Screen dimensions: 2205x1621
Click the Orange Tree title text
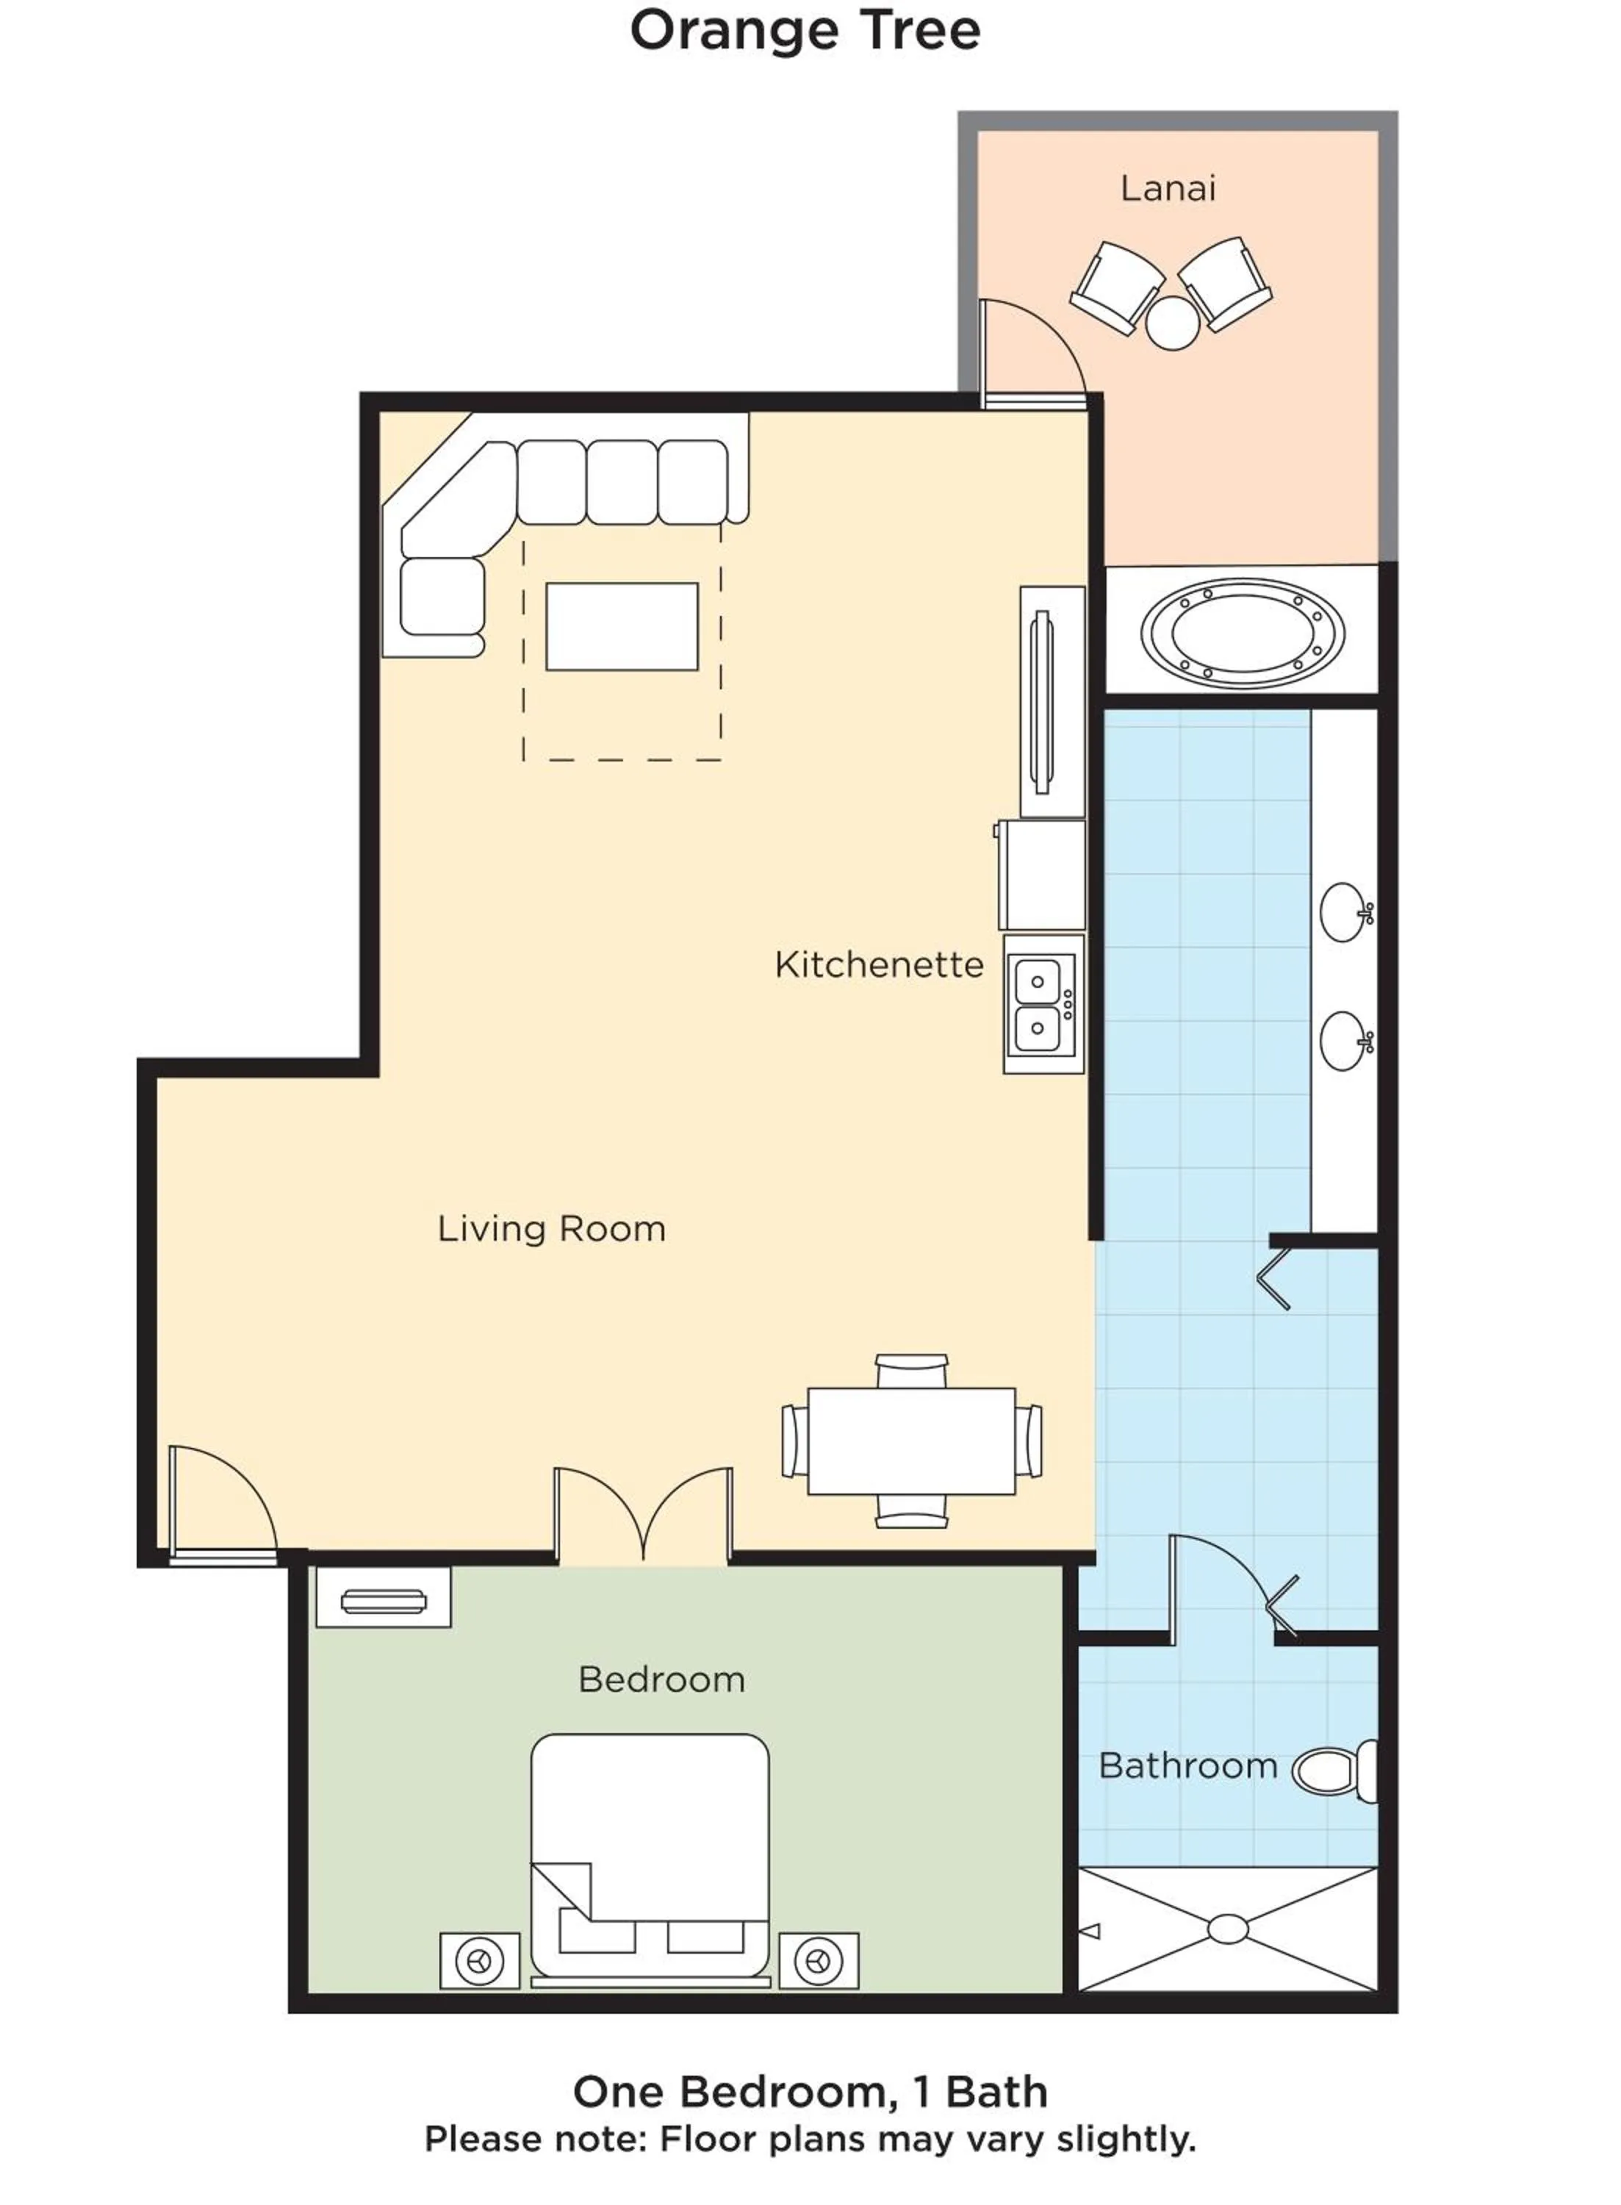[x=805, y=32]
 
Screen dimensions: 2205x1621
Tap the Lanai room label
[x=1168, y=188]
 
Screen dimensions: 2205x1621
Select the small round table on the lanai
[x=1173, y=322]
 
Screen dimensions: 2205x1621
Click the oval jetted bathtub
[x=1243, y=632]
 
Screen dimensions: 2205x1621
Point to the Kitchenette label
[x=878, y=964]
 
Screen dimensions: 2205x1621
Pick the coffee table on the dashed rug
[x=622, y=626]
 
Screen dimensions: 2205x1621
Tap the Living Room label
[x=551, y=1229]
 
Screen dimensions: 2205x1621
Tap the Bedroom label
[x=661, y=1679]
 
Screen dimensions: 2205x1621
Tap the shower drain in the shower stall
[x=1228, y=1929]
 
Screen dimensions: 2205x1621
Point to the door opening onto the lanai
[x=1030, y=354]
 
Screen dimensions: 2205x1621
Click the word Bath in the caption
[x=996, y=2092]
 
